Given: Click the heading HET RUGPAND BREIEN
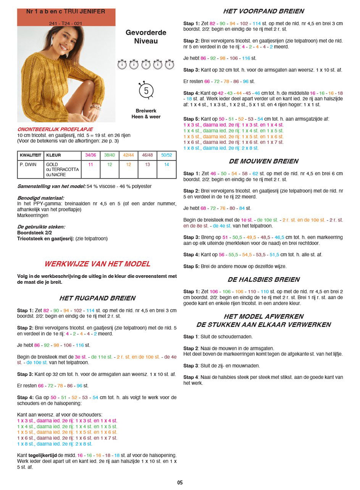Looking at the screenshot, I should [x=97, y=298].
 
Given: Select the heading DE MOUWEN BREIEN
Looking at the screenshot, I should [x=263, y=161].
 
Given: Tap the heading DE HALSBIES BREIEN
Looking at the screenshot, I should [x=263, y=279].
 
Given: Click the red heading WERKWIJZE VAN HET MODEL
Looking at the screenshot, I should [x=97, y=264].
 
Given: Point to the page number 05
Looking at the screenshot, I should [x=180, y=483].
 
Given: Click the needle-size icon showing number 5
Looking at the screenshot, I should [x=146, y=91].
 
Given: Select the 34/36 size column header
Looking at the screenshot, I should [x=90, y=156].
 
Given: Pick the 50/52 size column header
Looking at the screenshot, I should [x=166, y=156].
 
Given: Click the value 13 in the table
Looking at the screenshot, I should [x=147, y=164].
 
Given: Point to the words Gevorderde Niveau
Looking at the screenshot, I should [x=146, y=37].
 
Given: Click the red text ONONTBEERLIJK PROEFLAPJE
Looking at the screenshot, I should [x=55, y=129].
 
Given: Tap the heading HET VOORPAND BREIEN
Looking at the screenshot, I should [x=263, y=11].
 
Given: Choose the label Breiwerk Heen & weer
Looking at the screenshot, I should [x=146, y=114].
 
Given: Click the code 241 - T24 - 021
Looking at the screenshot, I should [x=66, y=23].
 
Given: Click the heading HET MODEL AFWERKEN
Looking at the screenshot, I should [x=263, y=316].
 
